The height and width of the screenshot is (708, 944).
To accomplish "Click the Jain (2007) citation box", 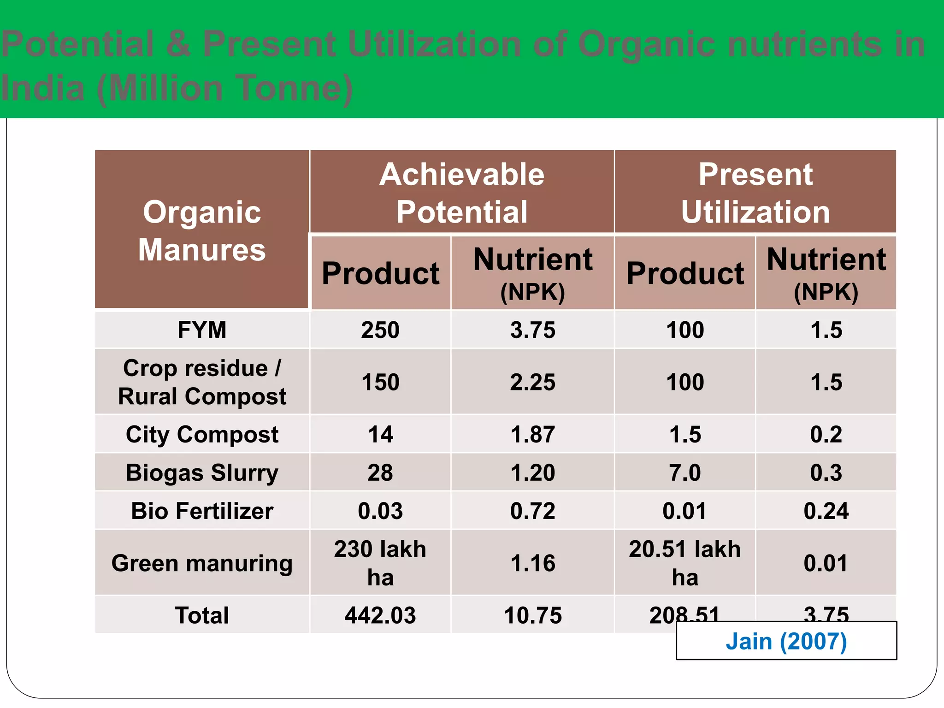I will [x=786, y=641].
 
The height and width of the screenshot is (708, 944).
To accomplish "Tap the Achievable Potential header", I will [x=462, y=193].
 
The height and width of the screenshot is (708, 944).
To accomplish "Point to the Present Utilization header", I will [x=755, y=193].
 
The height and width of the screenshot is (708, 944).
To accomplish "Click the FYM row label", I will [x=202, y=330].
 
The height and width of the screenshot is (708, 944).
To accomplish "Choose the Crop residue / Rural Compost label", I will [x=202, y=382].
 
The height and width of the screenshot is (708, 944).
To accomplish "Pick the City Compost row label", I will [x=202, y=434].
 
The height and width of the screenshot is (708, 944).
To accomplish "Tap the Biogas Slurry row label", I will [x=202, y=472].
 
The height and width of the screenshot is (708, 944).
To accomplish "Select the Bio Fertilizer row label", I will [x=202, y=511].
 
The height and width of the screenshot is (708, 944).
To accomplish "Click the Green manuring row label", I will [x=202, y=563].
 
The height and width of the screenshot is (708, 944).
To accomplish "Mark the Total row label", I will [x=202, y=615].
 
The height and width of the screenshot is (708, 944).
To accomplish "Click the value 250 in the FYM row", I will [x=380, y=330].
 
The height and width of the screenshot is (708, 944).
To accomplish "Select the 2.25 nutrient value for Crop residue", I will [x=533, y=382].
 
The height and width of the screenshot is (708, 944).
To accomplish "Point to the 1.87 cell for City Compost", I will [x=533, y=434].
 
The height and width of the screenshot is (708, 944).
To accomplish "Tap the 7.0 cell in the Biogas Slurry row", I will [x=685, y=472].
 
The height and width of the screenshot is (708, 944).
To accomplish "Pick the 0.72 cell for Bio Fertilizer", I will [x=533, y=511].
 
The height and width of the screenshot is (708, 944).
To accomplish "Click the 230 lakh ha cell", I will [x=380, y=563].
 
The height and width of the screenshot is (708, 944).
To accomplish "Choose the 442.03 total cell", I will [x=380, y=615].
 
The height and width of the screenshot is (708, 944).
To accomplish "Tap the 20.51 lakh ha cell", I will [x=685, y=563].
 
